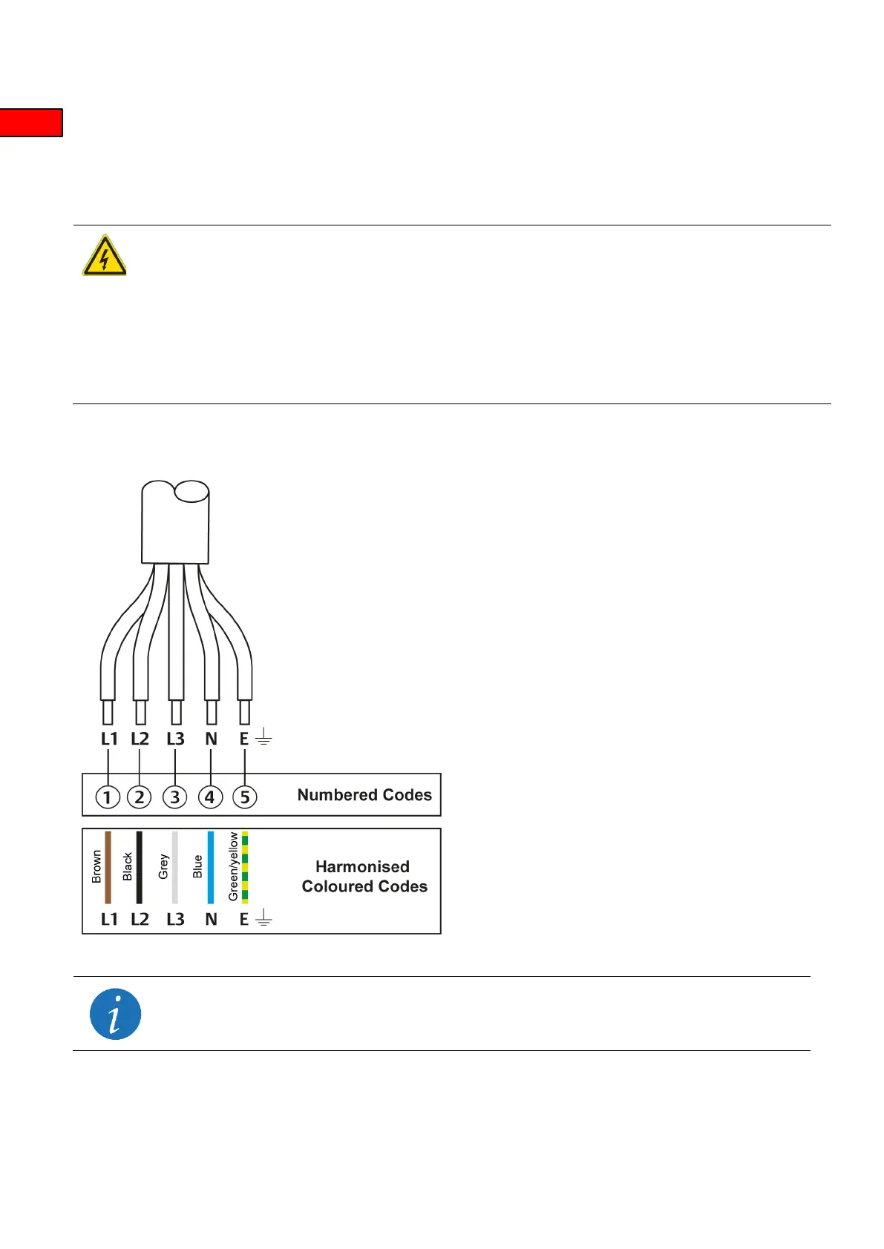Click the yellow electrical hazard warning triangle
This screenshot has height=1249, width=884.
pyautogui.click(x=104, y=257)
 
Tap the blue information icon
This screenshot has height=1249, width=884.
pyautogui.click(x=115, y=1014)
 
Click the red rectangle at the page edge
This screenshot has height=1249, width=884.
pyautogui.click(x=30, y=122)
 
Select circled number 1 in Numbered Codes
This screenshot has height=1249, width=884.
pyautogui.click(x=108, y=797)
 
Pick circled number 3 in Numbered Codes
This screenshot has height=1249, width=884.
pyautogui.click(x=174, y=797)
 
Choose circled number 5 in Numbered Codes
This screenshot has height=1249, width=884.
pyautogui.click(x=245, y=797)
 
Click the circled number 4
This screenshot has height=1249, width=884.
pyautogui.click(x=210, y=797)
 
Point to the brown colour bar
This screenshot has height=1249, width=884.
pyautogui.click(x=108, y=867)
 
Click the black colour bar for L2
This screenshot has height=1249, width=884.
pyautogui.click(x=139, y=867)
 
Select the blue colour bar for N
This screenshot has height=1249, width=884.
pyautogui.click(x=211, y=867)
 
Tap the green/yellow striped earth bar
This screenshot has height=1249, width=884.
pyautogui.click(x=245, y=867)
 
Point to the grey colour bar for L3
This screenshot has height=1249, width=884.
pyautogui.click(x=175, y=867)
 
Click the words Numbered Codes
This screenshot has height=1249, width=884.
pyautogui.click(x=364, y=795)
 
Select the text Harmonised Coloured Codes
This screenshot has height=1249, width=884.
pyautogui.click(x=364, y=877)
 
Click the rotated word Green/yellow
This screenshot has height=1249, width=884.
pyautogui.click(x=233, y=866)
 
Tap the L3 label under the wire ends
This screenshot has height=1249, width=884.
pyautogui.click(x=175, y=739)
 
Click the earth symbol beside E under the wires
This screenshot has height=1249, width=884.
pyautogui.click(x=263, y=738)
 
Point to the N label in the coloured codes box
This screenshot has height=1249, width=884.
pyautogui.click(x=211, y=920)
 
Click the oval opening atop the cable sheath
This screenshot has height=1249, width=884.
pyautogui.click(x=191, y=491)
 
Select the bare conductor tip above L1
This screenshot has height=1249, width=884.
pyautogui.click(x=108, y=712)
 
